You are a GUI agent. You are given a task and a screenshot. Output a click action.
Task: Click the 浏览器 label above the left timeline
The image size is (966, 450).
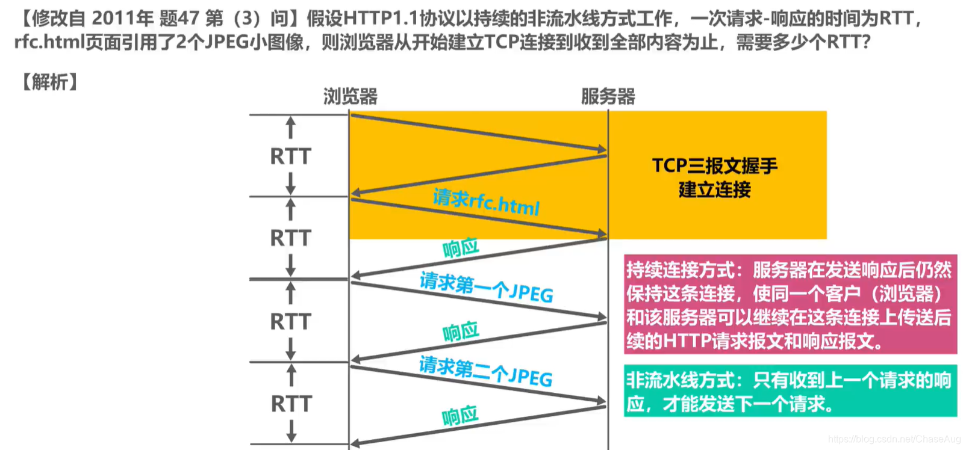pyautogui.click(x=350, y=96)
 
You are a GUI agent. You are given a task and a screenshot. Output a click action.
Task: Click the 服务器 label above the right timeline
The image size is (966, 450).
pyautogui.click(x=608, y=96)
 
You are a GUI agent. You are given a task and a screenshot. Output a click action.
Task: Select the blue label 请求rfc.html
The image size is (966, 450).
pyautogui.click(x=486, y=202)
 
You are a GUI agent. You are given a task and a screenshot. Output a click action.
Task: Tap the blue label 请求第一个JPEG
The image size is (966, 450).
pyautogui.click(x=486, y=287)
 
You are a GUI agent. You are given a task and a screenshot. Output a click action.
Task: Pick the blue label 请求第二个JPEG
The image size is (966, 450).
pyautogui.click(x=485, y=371)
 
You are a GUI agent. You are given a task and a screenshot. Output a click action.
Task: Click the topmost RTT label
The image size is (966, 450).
pyautogui.click(x=290, y=156)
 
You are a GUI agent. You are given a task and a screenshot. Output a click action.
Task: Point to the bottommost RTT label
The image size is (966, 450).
pyautogui.click(x=291, y=404)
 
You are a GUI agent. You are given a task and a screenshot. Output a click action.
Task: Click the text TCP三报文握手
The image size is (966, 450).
pyautogui.click(x=715, y=165)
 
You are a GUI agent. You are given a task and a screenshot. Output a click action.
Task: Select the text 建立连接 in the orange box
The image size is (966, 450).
pyautogui.click(x=715, y=190)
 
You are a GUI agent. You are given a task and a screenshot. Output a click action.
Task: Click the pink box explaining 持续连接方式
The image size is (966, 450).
pyautogui.click(x=790, y=304)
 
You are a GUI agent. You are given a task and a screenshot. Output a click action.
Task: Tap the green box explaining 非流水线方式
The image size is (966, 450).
pyautogui.click(x=790, y=391)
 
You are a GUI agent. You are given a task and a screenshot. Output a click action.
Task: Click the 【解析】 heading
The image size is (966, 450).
pyautogui.click(x=49, y=82)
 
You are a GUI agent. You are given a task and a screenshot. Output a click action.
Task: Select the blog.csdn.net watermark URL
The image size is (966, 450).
pyautogui.click(x=894, y=439)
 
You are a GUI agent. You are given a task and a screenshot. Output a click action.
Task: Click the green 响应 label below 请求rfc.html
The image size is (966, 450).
pyautogui.click(x=461, y=247)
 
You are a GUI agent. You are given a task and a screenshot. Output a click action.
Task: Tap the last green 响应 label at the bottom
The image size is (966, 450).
pyautogui.click(x=460, y=415)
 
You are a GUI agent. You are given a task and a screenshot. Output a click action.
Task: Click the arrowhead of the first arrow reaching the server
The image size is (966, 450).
pyautogui.click(x=602, y=149)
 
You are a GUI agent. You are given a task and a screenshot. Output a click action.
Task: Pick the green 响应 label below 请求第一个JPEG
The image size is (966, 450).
pyautogui.click(x=461, y=331)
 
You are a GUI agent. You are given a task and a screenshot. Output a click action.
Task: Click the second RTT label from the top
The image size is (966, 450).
pyautogui.click(x=290, y=238)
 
